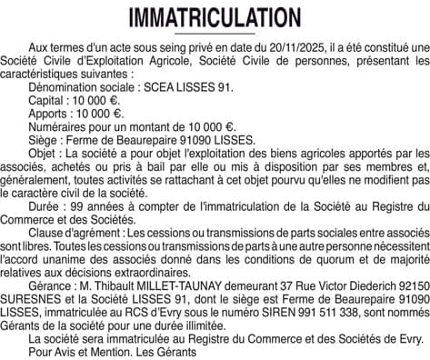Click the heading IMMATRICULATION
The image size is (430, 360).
pyautogui.click(x=215, y=18)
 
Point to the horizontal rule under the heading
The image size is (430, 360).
pyautogui.click(x=215, y=35)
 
